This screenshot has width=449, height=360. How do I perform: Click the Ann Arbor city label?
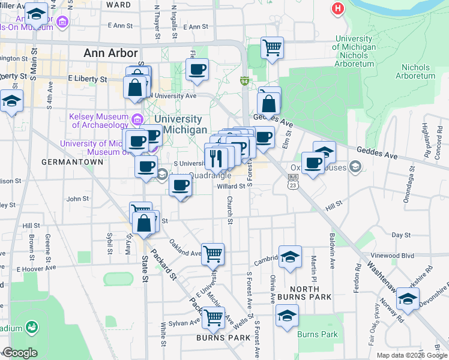[111, 53]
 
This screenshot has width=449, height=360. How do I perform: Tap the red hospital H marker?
[339, 10]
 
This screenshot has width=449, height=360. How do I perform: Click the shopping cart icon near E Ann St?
[272, 47]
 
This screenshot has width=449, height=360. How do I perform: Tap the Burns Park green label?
[319, 335]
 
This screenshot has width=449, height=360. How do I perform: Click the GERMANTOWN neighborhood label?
[65, 162]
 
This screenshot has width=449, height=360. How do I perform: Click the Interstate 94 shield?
[244, 80]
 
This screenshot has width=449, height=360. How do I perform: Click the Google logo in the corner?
[20, 353]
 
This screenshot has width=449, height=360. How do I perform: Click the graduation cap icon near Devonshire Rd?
[408, 298]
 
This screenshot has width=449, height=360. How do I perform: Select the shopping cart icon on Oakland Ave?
[212, 254]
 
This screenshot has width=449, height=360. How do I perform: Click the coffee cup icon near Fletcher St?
[196, 69]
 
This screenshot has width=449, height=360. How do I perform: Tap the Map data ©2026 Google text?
[412, 355]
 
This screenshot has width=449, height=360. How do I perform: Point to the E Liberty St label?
[88, 79]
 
